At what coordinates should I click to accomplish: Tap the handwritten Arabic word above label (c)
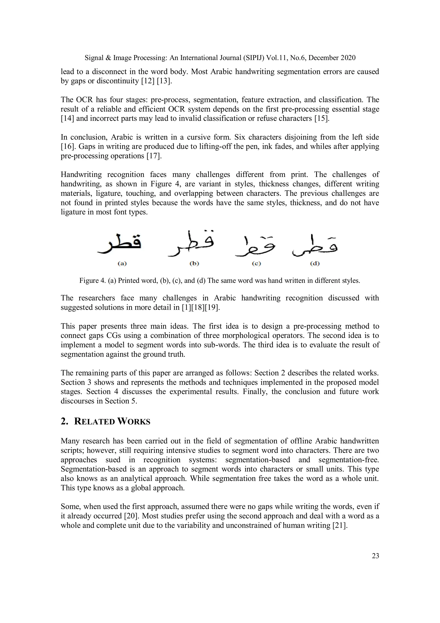coord(255,246)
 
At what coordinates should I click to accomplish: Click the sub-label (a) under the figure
coord(122,263)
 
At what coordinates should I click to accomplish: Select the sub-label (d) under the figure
coord(315,263)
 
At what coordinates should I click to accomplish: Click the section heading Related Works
coord(112,422)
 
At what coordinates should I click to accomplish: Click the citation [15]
coord(322,118)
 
